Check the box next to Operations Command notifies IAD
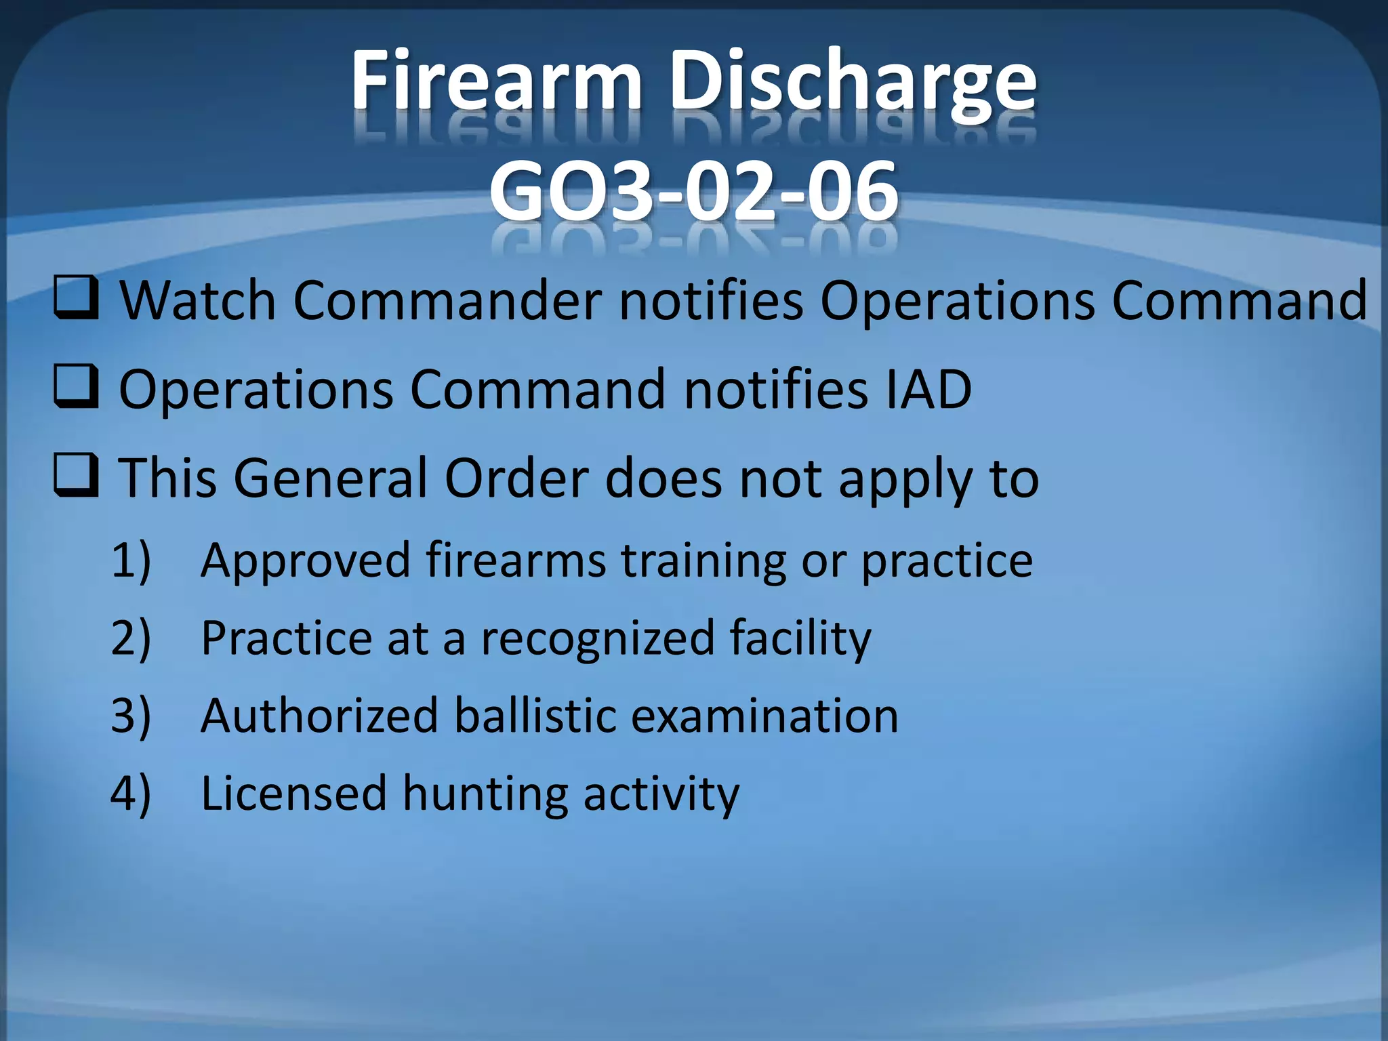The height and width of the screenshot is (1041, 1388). (x=77, y=388)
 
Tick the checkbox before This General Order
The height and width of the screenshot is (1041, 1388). (x=77, y=477)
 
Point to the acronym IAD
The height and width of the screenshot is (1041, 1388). (x=928, y=390)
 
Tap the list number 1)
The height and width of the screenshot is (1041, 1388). (x=131, y=561)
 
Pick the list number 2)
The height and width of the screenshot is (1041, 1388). (x=131, y=639)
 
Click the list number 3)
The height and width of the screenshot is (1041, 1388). (x=131, y=716)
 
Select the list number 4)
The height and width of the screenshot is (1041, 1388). (x=131, y=794)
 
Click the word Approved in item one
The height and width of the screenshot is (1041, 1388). (x=306, y=561)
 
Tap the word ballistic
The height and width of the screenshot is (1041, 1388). (x=535, y=716)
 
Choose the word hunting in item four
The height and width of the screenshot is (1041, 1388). (x=485, y=794)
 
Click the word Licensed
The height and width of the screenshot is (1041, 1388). (x=293, y=794)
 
